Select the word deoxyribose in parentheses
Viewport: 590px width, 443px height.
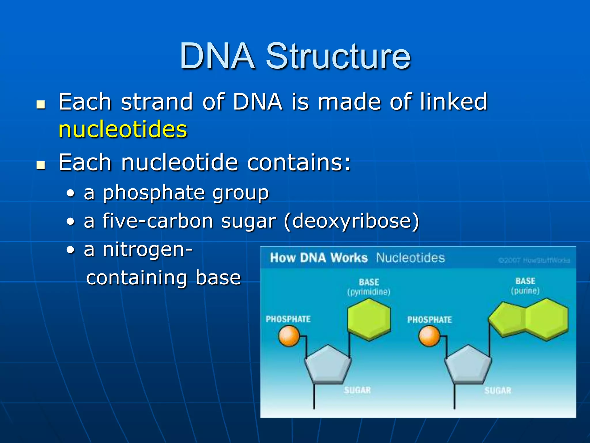click(x=351, y=221)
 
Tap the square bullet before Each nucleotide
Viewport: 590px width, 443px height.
click(x=41, y=165)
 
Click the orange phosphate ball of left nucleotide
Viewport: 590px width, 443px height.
click(x=289, y=336)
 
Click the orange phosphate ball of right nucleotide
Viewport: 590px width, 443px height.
click(x=429, y=336)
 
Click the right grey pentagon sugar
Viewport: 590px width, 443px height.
click(x=468, y=365)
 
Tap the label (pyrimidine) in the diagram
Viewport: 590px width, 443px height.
click(x=369, y=292)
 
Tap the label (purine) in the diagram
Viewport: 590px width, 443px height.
click(x=525, y=291)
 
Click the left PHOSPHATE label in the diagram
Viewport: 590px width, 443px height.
click(x=288, y=319)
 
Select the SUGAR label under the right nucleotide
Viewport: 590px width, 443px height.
click(x=498, y=391)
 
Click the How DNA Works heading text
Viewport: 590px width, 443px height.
click(x=319, y=258)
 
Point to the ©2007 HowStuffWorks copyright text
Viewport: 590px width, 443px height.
click(x=534, y=260)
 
